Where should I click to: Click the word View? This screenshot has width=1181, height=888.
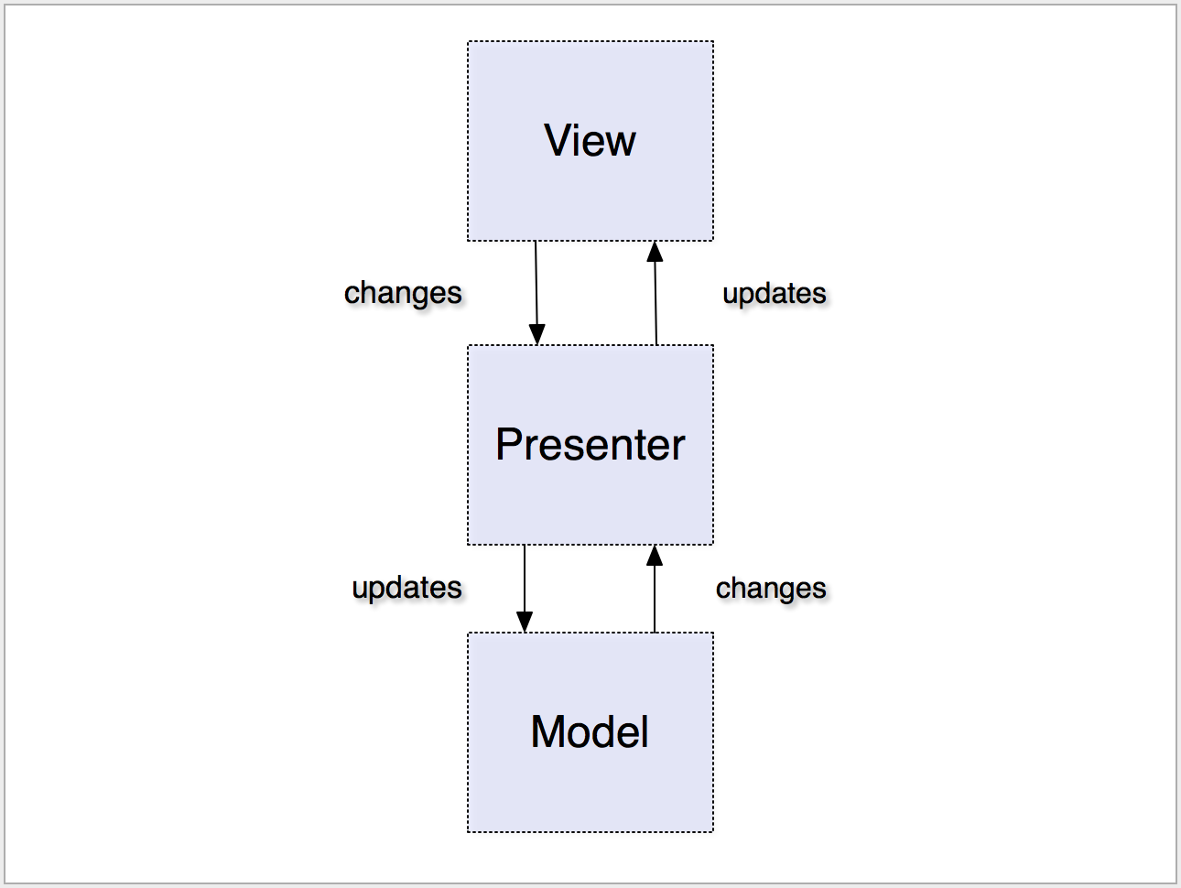(590, 140)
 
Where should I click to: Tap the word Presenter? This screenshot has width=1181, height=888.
(590, 444)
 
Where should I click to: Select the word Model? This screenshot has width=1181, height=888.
(590, 731)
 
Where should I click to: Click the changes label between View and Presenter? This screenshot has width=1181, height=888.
(403, 294)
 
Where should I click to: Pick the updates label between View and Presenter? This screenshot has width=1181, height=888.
(775, 294)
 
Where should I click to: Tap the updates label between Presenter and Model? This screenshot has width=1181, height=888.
(406, 588)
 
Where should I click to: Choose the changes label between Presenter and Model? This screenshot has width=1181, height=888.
(771, 589)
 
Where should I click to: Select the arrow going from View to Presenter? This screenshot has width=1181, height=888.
(536, 293)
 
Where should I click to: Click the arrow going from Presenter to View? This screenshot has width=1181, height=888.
(656, 293)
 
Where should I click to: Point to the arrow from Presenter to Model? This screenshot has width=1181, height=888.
(525, 589)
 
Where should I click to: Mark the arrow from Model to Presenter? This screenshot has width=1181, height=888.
(655, 589)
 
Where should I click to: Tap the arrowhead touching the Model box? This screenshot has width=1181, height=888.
(525, 622)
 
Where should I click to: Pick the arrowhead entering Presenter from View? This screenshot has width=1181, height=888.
(537, 334)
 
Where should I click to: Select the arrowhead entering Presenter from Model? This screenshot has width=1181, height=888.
(655, 555)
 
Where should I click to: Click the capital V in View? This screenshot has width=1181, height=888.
(559, 140)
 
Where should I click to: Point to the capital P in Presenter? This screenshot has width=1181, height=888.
(509, 444)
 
